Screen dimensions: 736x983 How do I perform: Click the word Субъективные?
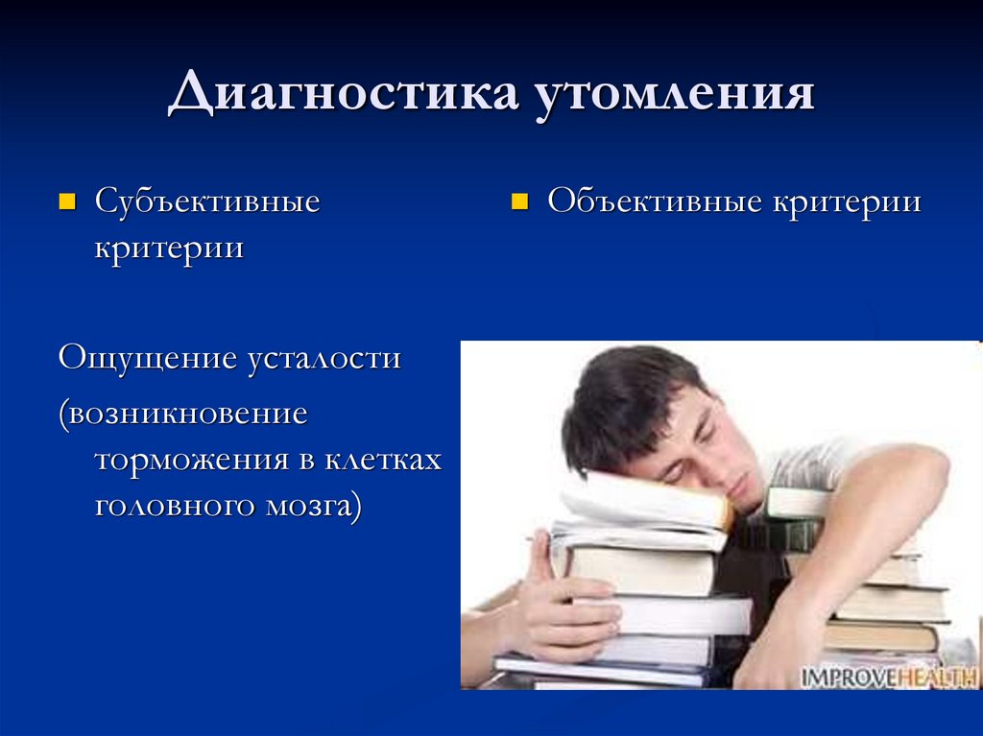(206, 202)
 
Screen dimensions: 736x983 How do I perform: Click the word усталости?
(324, 359)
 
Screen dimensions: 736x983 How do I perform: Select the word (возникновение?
(182, 415)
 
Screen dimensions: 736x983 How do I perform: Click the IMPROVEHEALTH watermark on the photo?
(888, 676)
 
